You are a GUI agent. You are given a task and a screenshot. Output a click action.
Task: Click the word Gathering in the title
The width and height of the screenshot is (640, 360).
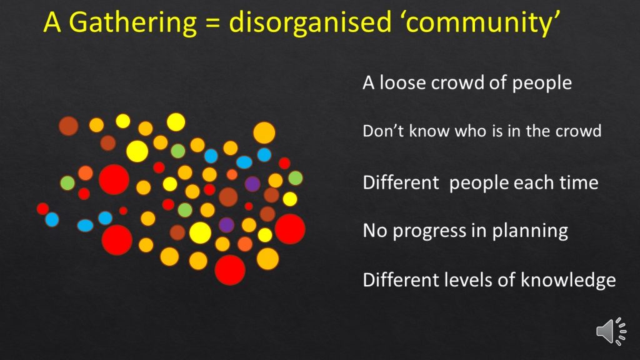pyautogui.click(x=132, y=22)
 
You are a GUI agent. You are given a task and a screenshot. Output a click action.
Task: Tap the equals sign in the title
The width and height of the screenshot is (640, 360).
pyautogui.click(x=212, y=23)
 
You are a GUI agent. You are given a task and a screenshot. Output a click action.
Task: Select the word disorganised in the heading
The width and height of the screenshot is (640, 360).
pyautogui.click(x=310, y=22)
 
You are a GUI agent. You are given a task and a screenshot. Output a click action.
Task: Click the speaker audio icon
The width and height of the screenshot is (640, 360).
pyautogui.click(x=611, y=331)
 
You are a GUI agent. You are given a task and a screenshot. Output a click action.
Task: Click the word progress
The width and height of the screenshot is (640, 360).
pyautogui.click(x=429, y=231)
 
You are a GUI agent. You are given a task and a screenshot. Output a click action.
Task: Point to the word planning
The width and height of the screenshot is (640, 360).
pyautogui.click(x=530, y=231)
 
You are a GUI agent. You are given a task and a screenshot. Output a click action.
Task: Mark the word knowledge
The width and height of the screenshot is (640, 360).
pyautogui.click(x=568, y=281)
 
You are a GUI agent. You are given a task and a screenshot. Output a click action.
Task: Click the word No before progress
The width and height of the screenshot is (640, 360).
pyautogui.click(x=375, y=231)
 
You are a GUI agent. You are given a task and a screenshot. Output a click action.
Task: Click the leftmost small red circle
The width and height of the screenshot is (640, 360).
pyautogui.click(x=42, y=209)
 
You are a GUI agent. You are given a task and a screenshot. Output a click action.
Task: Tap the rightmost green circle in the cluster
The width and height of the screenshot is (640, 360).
pyautogui.click(x=295, y=178)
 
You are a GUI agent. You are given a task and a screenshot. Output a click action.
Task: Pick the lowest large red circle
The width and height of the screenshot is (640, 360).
pyautogui.click(x=230, y=270)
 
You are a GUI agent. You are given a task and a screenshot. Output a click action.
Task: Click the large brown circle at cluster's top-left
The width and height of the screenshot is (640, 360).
pyautogui.click(x=68, y=126)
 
